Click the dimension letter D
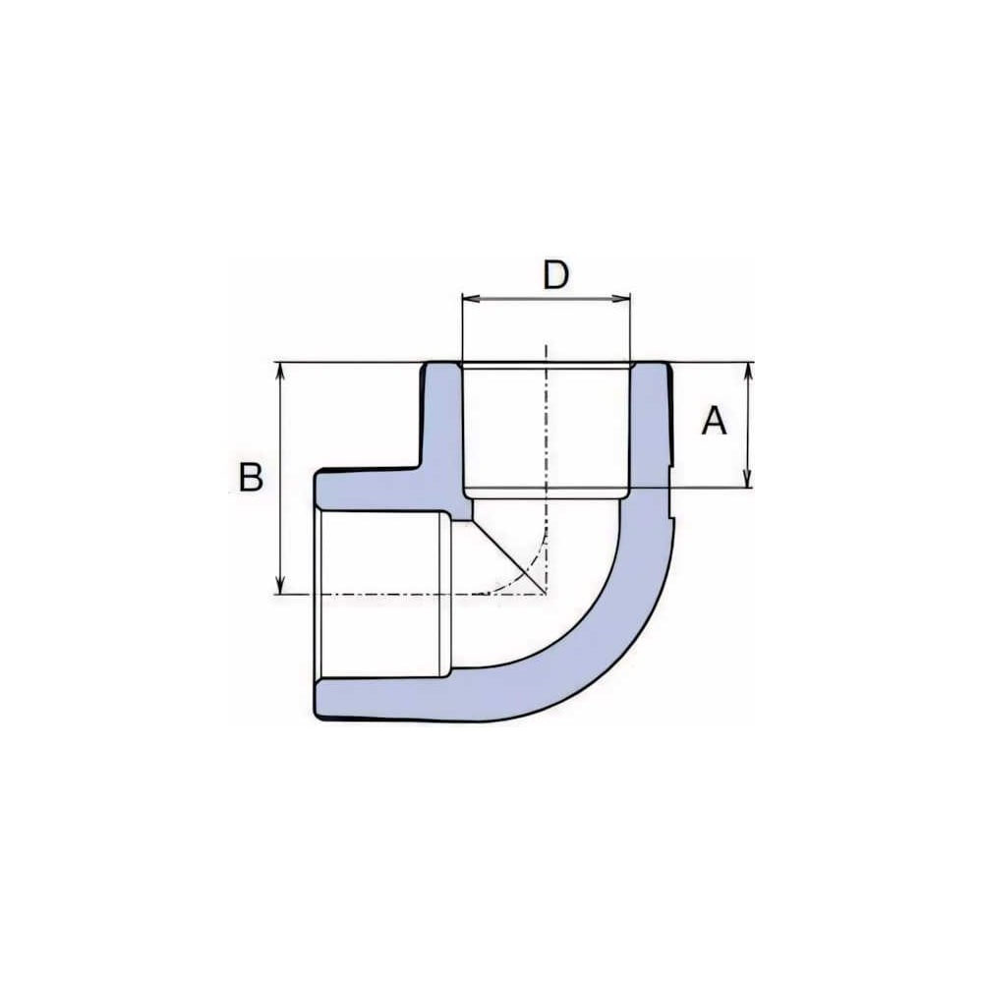click(555, 275)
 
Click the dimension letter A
click(714, 421)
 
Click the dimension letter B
click(251, 477)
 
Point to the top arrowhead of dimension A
click(747, 372)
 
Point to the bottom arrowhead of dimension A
click(747, 479)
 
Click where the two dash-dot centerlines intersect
click(546, 593)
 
